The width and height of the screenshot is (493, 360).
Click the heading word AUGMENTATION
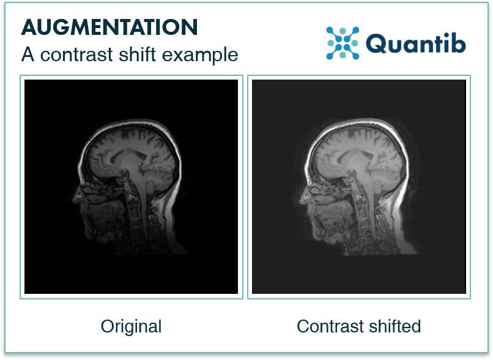coord(109,27)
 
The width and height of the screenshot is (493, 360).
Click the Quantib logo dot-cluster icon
coord(342,43)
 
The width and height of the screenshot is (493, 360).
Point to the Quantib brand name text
coord(416,43)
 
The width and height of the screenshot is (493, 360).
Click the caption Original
coord(132,326)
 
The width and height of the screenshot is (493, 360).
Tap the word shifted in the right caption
coord(395,326)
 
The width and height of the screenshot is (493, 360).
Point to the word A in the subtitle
coord(28,54)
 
